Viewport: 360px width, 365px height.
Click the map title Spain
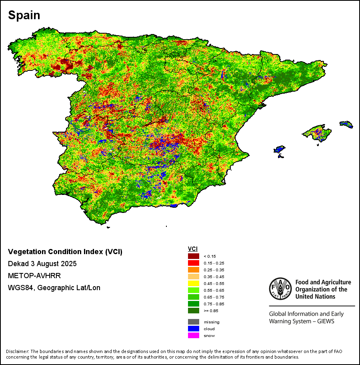pos(24,15)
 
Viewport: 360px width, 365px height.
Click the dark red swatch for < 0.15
pos(194,256)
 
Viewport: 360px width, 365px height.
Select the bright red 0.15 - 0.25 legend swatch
pos(194,263)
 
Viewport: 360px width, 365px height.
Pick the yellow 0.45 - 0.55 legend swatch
pos(194,283)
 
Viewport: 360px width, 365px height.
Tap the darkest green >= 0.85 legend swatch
pos(194,311)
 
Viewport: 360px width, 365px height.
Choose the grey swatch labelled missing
pos(194,322)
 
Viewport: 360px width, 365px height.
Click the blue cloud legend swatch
pos(194,329)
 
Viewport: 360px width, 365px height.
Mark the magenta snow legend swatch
pos(194,335)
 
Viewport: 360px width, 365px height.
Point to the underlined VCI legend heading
pos(193,249)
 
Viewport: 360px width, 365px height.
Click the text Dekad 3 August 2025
pos(42,264)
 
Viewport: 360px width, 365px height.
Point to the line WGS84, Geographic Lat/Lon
pos(54,288)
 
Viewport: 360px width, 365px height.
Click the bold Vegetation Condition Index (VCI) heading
pos(65,252)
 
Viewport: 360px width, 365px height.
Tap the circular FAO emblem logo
pos(280,289)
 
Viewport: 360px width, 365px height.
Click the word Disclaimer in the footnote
pos(18,351)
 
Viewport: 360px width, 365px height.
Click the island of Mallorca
pos(316,132)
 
